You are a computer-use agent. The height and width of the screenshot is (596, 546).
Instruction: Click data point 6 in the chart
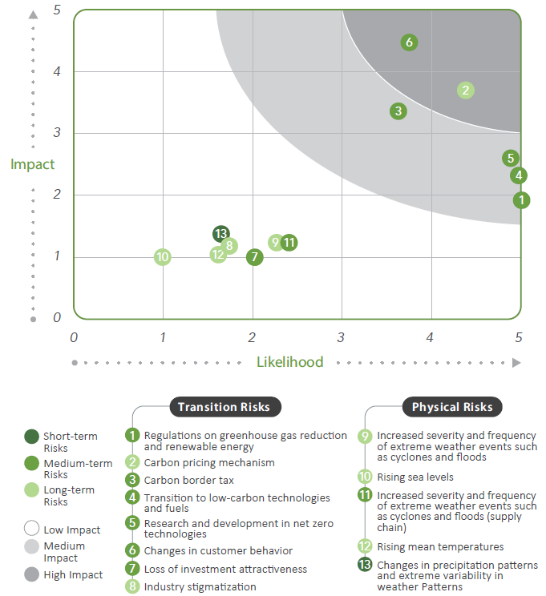pyautogui.click(x=409, y=42)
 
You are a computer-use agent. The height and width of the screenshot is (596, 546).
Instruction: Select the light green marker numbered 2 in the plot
pyautogui.click(x=466, y=91)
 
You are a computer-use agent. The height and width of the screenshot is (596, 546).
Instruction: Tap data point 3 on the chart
pyautogui.click(x=398, y=111)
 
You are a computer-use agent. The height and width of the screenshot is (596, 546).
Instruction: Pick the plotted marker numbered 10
pyautogui.click(x=163, y=257)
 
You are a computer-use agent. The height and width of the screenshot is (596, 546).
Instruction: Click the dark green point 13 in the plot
pyautogui.click(x=221, y=234)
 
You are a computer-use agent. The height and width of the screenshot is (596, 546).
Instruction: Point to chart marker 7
pyautogui.click(x=254, y=257)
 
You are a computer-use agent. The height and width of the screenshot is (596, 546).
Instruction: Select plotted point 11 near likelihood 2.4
pyautogui.click(x=289, y=242)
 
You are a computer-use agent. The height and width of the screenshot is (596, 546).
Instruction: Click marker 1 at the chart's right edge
pyautogui.click(x=521, y=200)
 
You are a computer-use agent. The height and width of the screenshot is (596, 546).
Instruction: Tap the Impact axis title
pyautogui.click(x=33, y=164)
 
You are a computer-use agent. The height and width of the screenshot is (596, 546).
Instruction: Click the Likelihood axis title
pyautogui.click(x=289, y=362)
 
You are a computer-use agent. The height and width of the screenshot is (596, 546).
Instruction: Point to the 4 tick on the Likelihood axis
pyautogui.click(x=431, y=337)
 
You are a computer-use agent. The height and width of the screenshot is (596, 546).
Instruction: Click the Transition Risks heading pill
pyautogui.click(x=224, y=407)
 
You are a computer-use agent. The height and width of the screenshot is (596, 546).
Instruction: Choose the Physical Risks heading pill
pyautogui.click(x=452, y=407)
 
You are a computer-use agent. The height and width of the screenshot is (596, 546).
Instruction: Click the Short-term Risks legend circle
pyautogui.click(x=31, y=437)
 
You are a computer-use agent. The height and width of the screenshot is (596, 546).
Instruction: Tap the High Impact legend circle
pyautogui.click(x=31, y=574)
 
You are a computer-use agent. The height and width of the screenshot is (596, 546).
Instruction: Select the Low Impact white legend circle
pyautogui.click(x=31, y=529)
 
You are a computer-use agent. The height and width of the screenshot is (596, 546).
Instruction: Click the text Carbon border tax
pyautogui.click(x=188, y=480)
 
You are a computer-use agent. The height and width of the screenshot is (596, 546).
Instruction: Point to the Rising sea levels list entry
pyautogui.click(x=415, y=477)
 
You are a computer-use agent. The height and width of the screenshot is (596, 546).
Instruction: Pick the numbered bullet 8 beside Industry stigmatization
pyautogui.click(x=132, y=586)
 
